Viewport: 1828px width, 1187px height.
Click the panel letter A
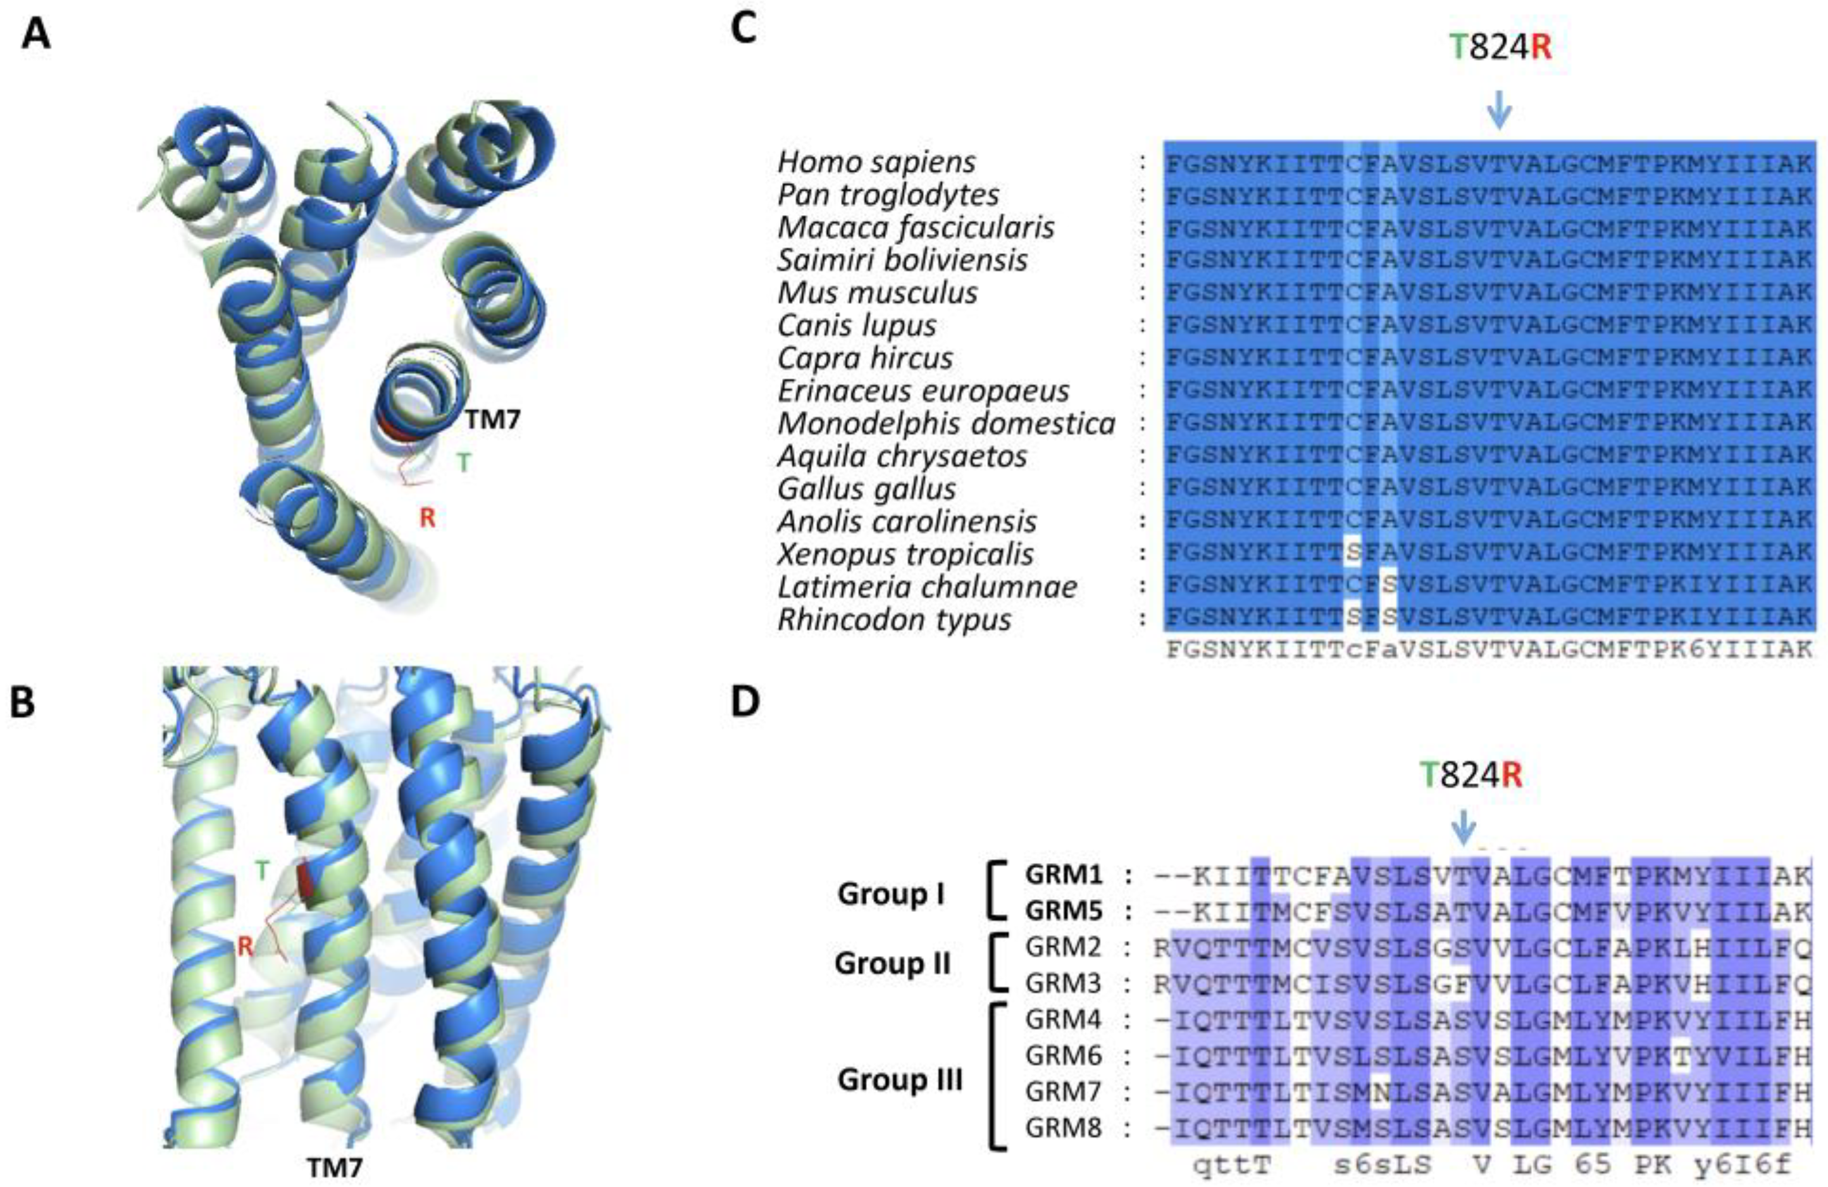tap(36, 35)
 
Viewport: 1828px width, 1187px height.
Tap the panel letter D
tap(744, 702)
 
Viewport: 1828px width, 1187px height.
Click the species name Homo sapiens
tap(876, 162)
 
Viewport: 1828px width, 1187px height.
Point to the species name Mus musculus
tap(877, 293)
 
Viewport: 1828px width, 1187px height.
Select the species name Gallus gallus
tap(866, 488)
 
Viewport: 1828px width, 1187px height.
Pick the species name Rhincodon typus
tap(894, 619)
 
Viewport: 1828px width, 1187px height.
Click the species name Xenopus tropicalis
tap(905, 554)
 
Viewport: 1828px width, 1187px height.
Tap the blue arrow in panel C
tap(1498, 110)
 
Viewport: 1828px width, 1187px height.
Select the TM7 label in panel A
tap(492, 419)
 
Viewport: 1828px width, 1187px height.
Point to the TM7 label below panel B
tap(334, 1168)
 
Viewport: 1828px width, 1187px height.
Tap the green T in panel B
tap(263, 871)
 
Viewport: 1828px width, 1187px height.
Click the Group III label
tap(899, 1079)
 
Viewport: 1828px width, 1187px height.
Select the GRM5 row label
tap(1063, 910)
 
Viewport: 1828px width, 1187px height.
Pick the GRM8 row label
tap(1063, 1128)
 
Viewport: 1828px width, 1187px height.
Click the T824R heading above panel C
tap(1499, 47)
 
